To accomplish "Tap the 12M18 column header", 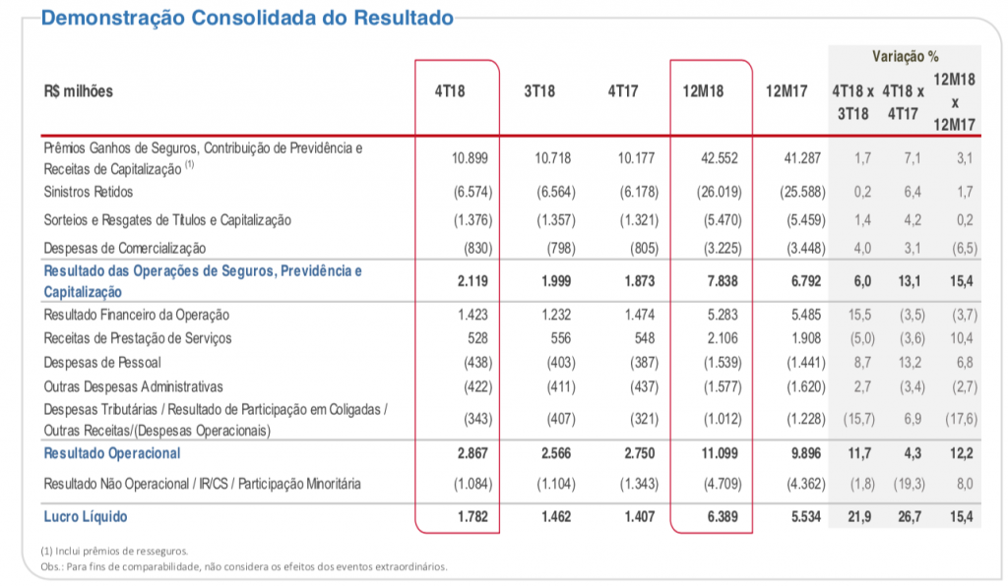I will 703,91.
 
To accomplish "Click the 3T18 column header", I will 539,91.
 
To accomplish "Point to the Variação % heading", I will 905,56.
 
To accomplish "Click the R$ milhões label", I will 79,91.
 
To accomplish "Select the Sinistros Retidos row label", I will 89,192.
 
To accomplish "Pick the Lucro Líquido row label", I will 86,516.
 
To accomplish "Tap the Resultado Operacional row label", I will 112,453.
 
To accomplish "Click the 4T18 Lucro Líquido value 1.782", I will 472,516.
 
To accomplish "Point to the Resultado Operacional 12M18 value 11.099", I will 714,453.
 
